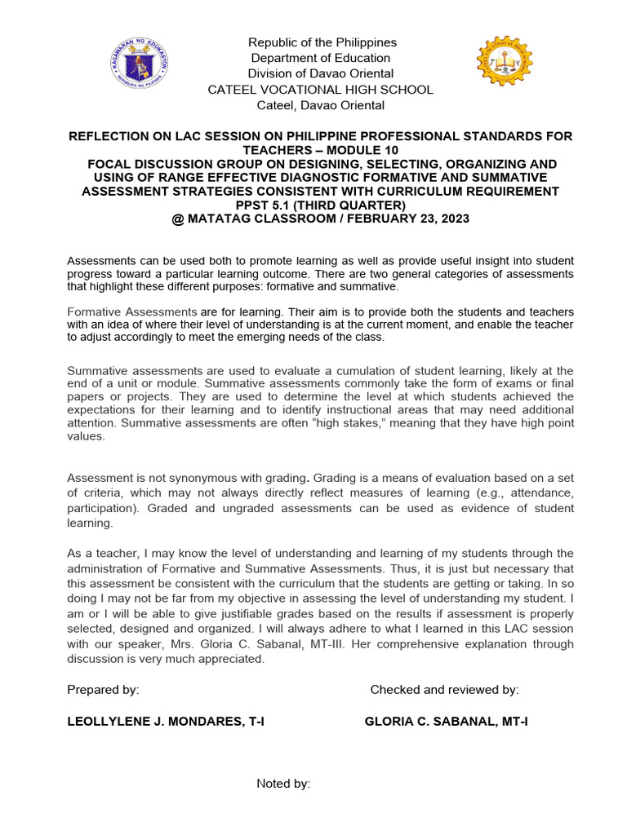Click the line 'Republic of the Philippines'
(322, 42)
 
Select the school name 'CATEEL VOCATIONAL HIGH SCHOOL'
(321, 90)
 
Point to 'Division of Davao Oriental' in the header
(321, 74)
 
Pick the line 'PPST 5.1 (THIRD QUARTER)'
(320, 205)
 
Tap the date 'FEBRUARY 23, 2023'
(411, 219)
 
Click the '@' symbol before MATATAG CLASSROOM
(179, 219)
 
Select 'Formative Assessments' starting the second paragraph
(131, 312)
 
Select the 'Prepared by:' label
(103, 690)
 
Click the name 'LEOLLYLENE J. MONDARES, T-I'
(165, 722)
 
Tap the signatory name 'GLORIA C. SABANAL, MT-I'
(446, 722)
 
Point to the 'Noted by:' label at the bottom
(283, 784)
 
